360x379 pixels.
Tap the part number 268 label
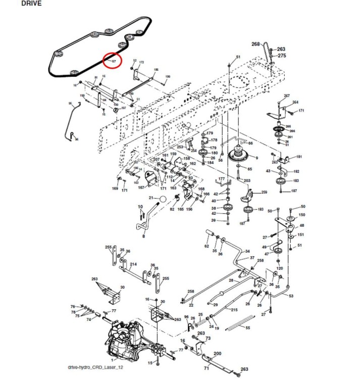click(255, 44)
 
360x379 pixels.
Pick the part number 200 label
click(218, 353)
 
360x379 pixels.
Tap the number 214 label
click(133, 264)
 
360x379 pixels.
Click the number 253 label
click(180, 147)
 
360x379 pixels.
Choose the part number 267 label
click(287, 96)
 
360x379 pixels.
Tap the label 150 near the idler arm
click(302, 215)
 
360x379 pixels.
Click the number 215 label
click(234, 310)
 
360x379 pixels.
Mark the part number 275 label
click(282, 56)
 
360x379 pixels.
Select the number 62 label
click(206, 246)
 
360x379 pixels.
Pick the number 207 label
click(156, 159)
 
